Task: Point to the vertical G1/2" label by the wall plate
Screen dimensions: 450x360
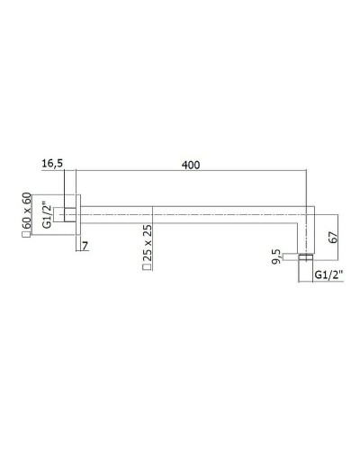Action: click(x=47, y=215)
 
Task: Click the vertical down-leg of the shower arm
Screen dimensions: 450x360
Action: click(x=306, y=234)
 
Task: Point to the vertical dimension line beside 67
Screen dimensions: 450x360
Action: click(x=339, y=236)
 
